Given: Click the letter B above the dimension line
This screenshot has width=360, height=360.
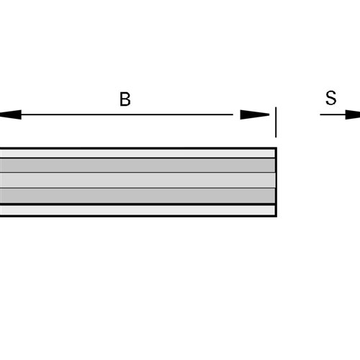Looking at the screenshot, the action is (x=125, y=99).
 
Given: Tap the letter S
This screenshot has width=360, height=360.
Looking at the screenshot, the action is (x=331, y=98).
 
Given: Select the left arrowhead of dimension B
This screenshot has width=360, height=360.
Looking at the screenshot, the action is (x=10, y=114).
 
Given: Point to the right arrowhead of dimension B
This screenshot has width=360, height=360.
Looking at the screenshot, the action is (x=255, y=114).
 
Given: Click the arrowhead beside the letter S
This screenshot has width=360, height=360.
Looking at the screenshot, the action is (x=353, y=114).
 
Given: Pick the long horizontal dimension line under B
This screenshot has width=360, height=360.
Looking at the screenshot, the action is (x=127, y=114).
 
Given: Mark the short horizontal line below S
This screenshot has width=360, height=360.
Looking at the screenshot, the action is (x=333, y=114).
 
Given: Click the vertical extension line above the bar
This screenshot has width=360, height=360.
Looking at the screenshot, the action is (x=276, y=122).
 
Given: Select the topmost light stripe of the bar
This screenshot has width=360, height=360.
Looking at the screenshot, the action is (x=138, y=153).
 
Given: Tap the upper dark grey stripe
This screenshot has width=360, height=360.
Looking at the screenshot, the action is (x=138, y=166).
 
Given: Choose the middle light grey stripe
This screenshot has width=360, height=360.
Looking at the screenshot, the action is (x=138, y=180).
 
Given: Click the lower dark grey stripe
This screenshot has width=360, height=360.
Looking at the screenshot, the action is (x=138, y=196).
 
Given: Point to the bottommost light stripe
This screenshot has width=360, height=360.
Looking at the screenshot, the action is (x=138, y=210).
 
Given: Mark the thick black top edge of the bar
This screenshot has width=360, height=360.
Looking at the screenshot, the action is (x=138, y=148).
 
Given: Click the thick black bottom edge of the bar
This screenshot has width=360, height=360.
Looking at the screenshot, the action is (x=138, y=216).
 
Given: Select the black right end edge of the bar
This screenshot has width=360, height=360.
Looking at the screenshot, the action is (x=276, y=182).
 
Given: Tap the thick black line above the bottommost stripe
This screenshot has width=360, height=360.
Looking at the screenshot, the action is (x=138, y=204).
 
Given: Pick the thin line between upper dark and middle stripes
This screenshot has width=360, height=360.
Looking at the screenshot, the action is (x=138, y=172).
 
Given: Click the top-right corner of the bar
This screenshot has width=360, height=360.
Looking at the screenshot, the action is (x=276, y=148).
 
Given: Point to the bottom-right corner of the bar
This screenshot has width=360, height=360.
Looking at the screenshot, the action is (x=276, y=217).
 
